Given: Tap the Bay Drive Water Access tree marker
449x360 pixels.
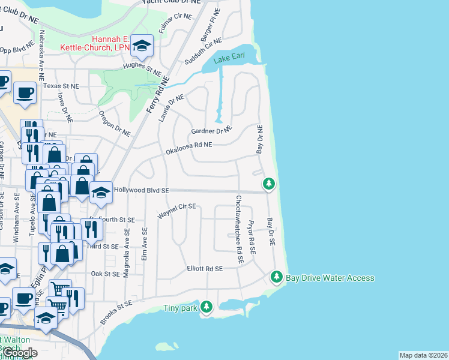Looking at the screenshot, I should click(x=277, y=277).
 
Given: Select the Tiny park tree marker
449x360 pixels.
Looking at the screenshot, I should click(x=206, y=307).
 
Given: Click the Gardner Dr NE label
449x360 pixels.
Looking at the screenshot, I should click(x=211, y=130).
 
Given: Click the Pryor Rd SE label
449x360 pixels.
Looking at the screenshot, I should click(x=252, y=236).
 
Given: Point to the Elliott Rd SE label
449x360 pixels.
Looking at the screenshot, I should click(x=205, y=269).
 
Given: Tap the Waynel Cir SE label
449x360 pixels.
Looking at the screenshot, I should click(x=177, y=210).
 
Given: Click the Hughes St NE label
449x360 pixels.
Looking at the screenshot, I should click(x=142, y=68).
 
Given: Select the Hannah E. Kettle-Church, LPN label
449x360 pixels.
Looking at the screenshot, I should click(x=95, y=43).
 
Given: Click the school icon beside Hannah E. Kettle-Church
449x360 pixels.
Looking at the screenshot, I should click(x=142, y=45).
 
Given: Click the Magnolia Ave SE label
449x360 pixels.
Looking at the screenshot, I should click(x=126, y=252).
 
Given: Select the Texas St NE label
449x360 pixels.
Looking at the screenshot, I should click(x=61, y=86).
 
